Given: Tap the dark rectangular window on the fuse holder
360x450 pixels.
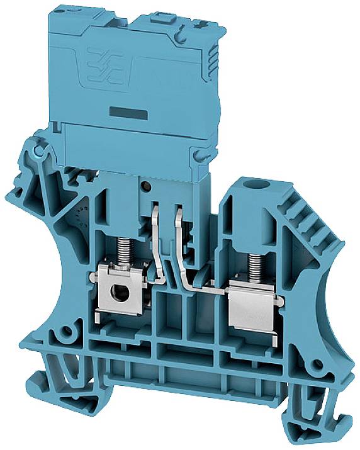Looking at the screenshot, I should pos(127,113).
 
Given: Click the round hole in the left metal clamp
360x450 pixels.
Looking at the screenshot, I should pos(116,291).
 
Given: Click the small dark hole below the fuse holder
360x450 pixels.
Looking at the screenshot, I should pos(146,187).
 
